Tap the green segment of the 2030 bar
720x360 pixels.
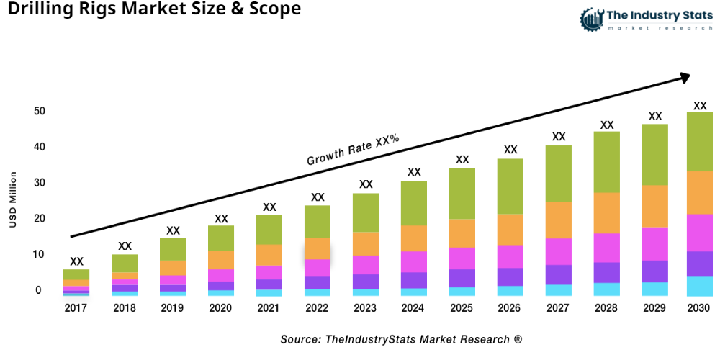699,141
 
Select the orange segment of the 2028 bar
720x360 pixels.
607,213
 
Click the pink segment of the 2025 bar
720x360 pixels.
462,258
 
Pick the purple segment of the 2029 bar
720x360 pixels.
654,271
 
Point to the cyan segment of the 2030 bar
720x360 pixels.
699,287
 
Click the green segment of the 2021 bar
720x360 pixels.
269,230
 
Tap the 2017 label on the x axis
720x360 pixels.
76,308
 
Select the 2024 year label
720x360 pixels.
414,308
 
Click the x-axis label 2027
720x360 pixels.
559,308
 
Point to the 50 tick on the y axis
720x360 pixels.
39,112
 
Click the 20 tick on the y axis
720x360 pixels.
39,219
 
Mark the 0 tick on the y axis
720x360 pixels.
39,291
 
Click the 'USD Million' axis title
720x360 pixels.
13,200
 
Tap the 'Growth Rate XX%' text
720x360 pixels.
353,150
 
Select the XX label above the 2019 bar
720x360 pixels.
173,230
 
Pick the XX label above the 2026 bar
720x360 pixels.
510,150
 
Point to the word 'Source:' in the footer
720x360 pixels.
300,339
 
